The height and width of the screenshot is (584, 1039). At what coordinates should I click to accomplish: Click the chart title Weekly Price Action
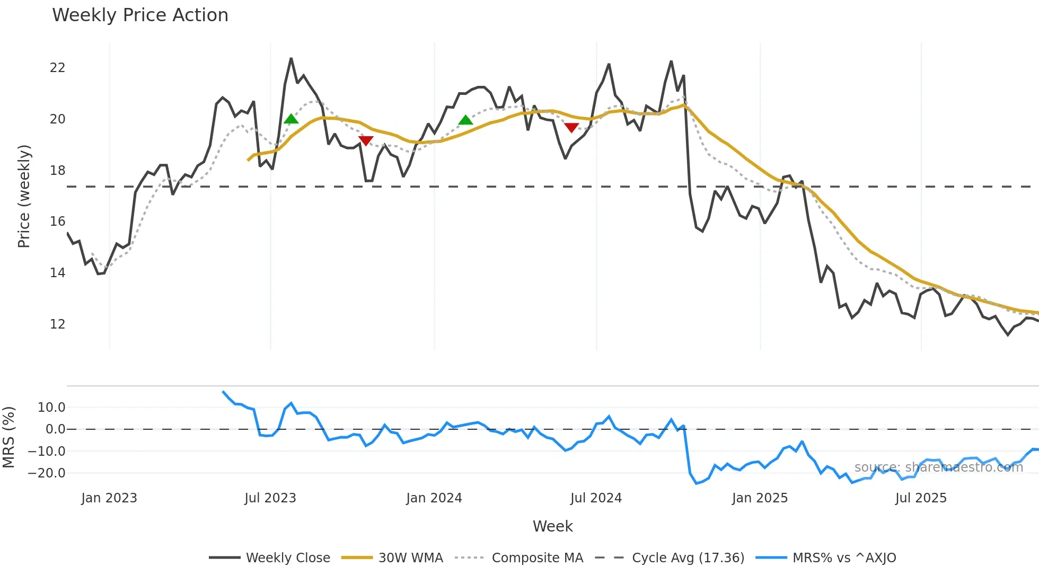[x=140, y=15]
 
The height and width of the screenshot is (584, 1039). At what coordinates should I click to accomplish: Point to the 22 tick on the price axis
[x=57, y=68]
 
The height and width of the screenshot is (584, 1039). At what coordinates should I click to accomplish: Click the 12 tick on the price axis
[x=57, y=324]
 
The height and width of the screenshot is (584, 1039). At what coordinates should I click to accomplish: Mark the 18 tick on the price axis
[x=57, y=170]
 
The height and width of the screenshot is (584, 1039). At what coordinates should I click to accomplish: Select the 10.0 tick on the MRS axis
[x=51, y=408]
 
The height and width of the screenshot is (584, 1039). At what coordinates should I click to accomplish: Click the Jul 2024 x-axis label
[x=596, y=498]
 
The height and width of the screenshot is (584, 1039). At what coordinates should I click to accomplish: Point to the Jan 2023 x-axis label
[x=109, y=498]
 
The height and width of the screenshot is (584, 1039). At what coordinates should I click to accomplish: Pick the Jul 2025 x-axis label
[x=921, y=498]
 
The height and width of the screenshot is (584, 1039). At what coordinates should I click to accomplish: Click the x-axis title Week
[x=552, y=526]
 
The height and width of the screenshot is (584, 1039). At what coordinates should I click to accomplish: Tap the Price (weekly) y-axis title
[x=24, y=196]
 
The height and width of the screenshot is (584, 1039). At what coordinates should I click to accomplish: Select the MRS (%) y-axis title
[x=8, y=437]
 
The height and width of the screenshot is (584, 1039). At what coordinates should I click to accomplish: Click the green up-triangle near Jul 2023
[x=291, y=119]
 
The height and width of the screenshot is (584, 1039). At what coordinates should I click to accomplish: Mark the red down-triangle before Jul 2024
[x=571, y=127]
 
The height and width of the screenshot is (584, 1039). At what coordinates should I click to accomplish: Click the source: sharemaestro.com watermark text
[x=938, y=467]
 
